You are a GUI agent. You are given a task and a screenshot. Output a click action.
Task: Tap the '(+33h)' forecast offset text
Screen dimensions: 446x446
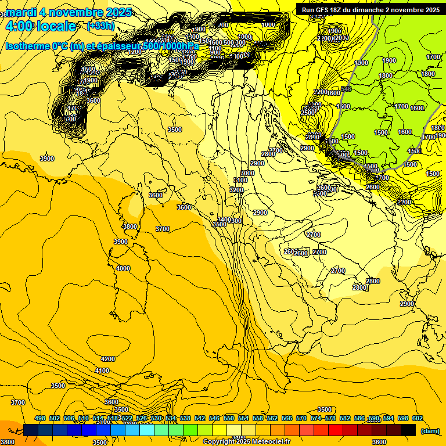tap(100, 26)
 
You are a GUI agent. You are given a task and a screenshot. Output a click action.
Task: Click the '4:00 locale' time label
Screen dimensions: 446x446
tap(41, 26)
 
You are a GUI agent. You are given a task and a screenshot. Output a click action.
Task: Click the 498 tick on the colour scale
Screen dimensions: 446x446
tap(40, 418)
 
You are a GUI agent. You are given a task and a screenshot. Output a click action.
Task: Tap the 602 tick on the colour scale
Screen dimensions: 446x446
tap(418, 418)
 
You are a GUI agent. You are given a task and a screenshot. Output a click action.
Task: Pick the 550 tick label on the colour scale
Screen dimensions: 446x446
tap(229, 418)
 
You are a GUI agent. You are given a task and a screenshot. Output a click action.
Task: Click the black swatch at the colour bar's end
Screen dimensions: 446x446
tap(408, 430)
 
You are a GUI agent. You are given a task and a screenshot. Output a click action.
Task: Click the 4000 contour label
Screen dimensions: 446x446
tap(123, 268)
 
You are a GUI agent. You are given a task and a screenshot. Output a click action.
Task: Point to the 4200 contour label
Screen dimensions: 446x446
tap(108, 359)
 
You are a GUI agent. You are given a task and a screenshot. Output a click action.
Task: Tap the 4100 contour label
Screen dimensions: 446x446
tap(102, 371)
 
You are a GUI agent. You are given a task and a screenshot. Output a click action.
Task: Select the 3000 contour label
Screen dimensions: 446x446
tap(247, 173)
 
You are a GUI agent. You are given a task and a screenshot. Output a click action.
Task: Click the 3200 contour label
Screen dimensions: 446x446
tap(236, 190)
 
